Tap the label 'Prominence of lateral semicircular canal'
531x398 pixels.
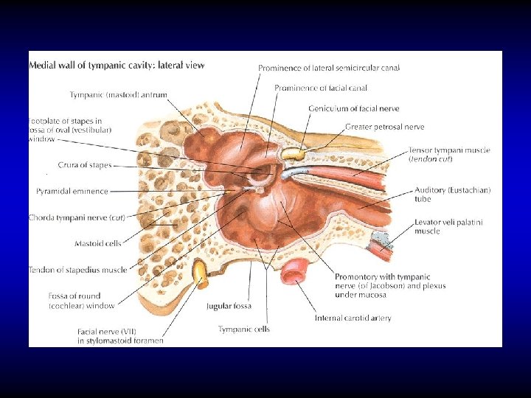pyautogui.click(x=329, y=68)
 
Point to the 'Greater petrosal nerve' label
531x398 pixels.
pyautogui.click(x=384, y=127)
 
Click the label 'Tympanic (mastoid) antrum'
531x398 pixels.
pyautogui.click(x=118, y=94)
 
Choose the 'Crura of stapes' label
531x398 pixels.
pyautogui.click(x=85, y=164)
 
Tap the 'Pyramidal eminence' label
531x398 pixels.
pyautogui.click(x=72, y=192)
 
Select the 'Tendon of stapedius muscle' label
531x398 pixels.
pyautogui.click(x=77, y=270)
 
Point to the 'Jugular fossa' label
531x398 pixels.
pyautogui.click(x=229, y=306)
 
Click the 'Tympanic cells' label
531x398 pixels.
pyautogui.click(x=243, y=329)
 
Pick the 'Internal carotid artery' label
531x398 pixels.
pyautogui.click(x=353, y=318)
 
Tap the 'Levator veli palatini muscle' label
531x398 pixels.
pyautogui.click(x=448, y=226)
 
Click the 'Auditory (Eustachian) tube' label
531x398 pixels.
pyautogui.click(x=452, y=194)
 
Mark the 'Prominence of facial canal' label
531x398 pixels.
pyautogui.click(x=321, y=88)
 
